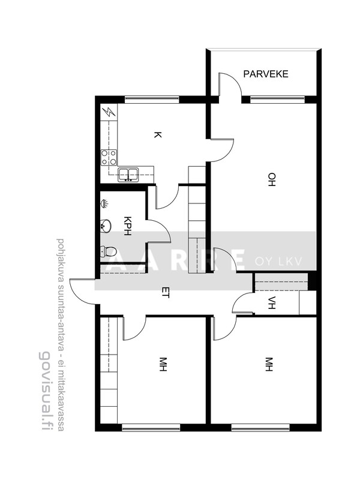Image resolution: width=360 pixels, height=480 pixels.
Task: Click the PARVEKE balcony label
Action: pyautogui.click(x=266, y=74)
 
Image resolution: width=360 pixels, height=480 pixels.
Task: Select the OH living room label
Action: pyautogui.click(x=272, y=179)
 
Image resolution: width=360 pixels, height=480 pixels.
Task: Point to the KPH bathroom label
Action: pyautogui.click(x=127, y=226)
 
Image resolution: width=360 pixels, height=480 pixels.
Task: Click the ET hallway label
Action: pyautogui.click(x=166, y=293)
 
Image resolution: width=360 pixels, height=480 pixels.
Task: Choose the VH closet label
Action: pyautogui.click(x=272, y=303)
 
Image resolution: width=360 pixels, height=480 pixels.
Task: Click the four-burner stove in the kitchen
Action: pyautogui.click(x=109, y=157)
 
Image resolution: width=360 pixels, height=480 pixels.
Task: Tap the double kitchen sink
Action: pyautogui.click(x=128, y=175)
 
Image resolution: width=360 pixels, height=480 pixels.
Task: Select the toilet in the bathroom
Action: pyautogui.click(x=108, y=251)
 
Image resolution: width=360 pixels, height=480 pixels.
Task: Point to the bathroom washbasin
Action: pyautogui.click(x=106, y=226)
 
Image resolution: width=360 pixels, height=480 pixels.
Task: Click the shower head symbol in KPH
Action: pyautogui.click(x=104, y=203)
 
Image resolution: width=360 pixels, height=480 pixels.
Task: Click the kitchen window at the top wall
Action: pyautogui.click(x=152, y=98)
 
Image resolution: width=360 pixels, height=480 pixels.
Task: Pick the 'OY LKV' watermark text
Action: pyautogui.click(x=278, y=262)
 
